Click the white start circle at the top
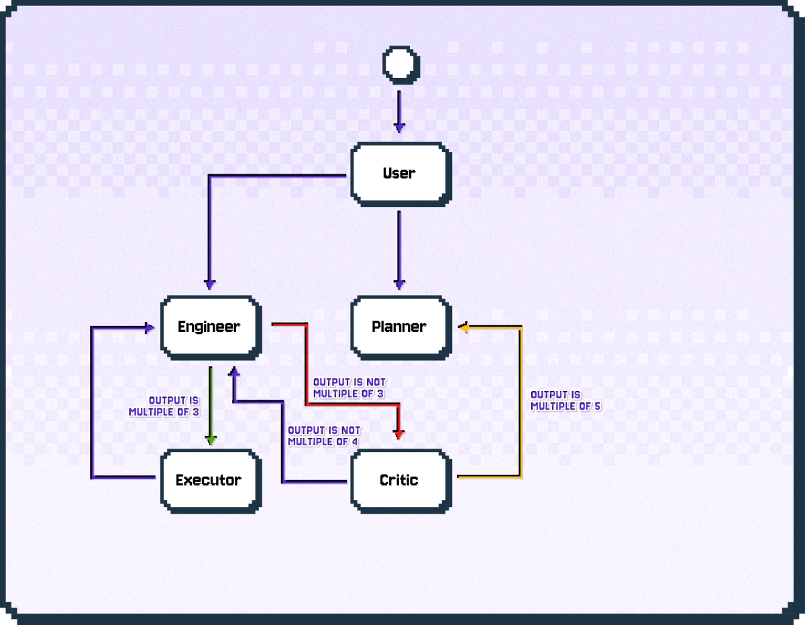[400, 64]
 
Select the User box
[400, 173]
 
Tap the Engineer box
[210, 327]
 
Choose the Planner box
[400, 327]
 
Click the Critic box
[400, 480]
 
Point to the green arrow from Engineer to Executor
[211, 402]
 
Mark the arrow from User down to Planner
[400, 248]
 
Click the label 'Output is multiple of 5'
[565, 400]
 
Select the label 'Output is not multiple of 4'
[323, 436]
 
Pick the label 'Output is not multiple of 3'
[349, 388]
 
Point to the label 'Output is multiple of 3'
[164, 406]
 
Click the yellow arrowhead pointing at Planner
[464, 327]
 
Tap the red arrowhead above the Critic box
[400, 435]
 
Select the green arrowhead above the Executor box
[211, 440]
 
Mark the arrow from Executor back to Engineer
[92, 402]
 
